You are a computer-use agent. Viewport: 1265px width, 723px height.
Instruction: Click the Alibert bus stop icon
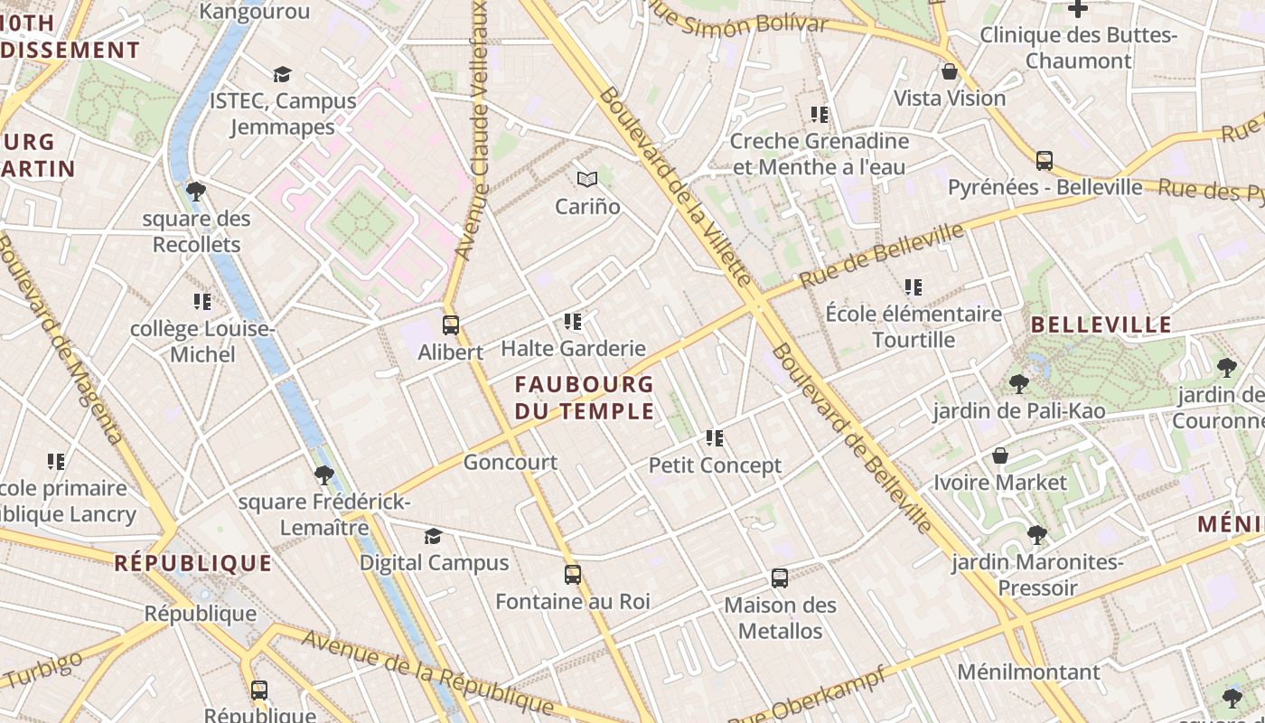(x=450, y=325)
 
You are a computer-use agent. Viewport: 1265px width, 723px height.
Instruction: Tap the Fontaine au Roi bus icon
(x=572, y=575)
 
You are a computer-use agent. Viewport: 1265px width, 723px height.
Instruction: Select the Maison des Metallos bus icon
(x=780, y=578)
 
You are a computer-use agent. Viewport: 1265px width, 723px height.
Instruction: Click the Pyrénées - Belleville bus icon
(x=1045, y=161)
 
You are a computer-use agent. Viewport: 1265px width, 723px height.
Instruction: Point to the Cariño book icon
(x=587, y=180)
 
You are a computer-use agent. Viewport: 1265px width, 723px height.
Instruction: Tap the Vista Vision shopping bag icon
(x=950, y=71)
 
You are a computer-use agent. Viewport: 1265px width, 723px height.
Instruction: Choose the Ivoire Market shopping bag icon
(x=1000, y=455)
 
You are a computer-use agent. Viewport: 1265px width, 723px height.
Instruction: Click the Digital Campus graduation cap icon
(x=434, y=536)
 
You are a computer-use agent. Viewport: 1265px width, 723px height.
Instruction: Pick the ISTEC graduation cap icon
(x=283, y=74)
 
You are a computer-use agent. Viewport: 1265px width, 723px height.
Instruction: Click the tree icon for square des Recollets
(x=195, y=192)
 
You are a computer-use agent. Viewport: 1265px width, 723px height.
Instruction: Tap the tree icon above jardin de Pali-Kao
(x=1018, y=384)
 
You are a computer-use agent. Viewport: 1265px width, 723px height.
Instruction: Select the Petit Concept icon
(x=715, y=438)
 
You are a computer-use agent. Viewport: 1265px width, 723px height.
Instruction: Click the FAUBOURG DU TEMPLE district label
(x=584, y=398)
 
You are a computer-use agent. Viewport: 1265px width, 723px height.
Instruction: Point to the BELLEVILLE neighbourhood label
(x=1101, y=325)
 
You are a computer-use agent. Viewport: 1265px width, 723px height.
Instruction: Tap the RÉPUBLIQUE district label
(x=193, y=564)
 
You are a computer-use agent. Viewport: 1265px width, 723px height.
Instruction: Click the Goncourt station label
(x=510, y=463)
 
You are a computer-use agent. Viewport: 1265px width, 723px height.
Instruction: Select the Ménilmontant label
(x=1028, y=672)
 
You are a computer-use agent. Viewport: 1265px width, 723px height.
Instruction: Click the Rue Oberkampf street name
(x=806, y=696)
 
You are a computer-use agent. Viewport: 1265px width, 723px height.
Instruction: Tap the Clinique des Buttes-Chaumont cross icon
(x=1078, y=9)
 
